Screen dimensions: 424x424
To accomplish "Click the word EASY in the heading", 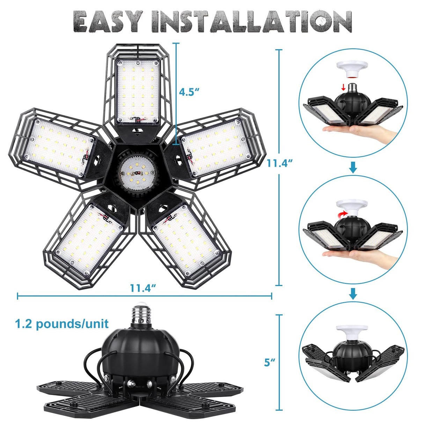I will [x=109, y=22].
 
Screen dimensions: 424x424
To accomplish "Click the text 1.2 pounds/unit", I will [x=61, y=324].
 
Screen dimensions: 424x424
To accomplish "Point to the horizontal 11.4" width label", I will [x=143, y=288].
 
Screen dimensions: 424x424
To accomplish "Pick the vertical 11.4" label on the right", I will [x=279, y=163].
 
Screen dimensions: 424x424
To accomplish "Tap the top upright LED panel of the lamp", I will [x=138, y=90].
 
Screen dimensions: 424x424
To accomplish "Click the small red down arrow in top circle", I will [x=344, y=86].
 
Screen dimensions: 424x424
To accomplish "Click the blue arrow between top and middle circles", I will [x=353, y=169].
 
